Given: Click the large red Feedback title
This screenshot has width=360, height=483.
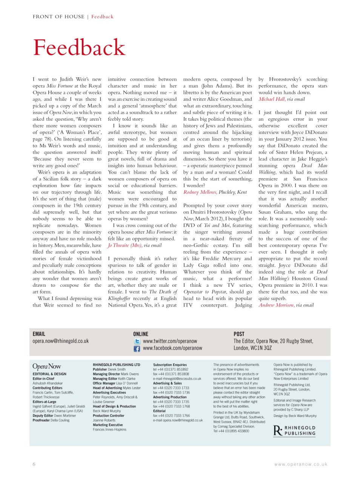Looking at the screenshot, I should point(79,48).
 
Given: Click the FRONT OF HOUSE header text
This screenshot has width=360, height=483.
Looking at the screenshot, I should point(58,17).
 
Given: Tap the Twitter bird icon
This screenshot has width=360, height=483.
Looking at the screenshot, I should point(137,341).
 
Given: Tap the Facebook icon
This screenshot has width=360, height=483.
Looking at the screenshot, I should point(137,349).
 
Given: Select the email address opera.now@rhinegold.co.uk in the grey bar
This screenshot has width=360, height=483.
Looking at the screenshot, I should point(60,341).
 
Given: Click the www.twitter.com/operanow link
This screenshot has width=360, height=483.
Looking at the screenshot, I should point(170,341).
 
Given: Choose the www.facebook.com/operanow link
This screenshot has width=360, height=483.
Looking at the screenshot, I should point(172,348).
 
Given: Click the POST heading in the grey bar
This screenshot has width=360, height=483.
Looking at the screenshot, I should point(239,334).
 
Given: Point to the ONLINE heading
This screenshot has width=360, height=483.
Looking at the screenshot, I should point(141,334).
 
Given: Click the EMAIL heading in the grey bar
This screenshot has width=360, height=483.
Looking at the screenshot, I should point(39,334).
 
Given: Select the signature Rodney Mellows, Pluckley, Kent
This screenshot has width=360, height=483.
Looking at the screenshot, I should point(215,192).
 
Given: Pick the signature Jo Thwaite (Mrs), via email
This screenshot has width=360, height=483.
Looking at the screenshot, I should point(134,245).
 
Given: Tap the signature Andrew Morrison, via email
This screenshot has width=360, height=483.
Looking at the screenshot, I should point(286,305).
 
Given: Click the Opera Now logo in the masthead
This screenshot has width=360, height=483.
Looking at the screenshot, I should point(47,366).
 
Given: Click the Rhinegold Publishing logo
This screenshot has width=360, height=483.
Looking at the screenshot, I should point(294,431).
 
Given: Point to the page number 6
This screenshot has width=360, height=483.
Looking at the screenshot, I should point(34,464).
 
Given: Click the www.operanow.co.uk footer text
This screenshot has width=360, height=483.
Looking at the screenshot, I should point(301,465).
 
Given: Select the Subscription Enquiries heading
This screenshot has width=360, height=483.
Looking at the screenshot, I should point(170,365).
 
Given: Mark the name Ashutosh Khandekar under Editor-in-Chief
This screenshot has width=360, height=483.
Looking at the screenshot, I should point(48,383).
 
